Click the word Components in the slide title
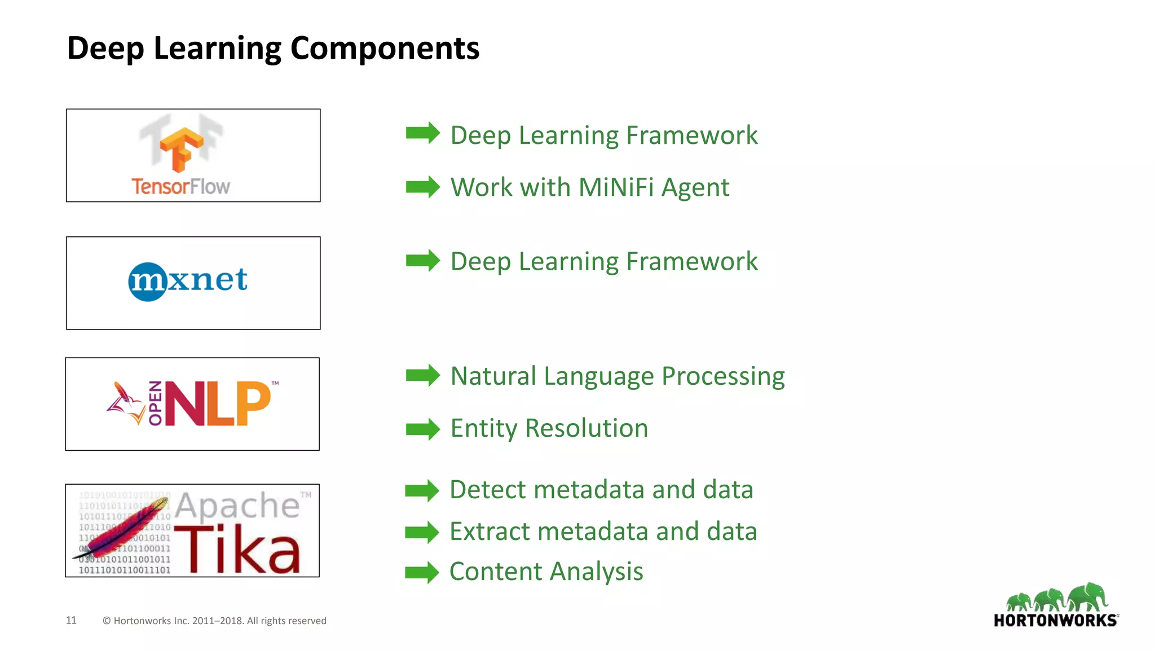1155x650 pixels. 384,49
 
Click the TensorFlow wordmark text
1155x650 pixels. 180,186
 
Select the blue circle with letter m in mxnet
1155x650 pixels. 147,282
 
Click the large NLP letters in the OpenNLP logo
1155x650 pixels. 218,403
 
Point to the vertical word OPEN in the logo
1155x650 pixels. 155,403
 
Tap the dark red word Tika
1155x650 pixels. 237,549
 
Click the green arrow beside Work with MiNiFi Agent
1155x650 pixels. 422,187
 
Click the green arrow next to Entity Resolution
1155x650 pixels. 422,429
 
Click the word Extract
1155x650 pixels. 490,532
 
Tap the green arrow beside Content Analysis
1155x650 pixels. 421,572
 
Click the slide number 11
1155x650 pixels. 71,620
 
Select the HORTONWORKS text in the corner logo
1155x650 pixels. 1055,621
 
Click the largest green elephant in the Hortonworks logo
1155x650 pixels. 1088,597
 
